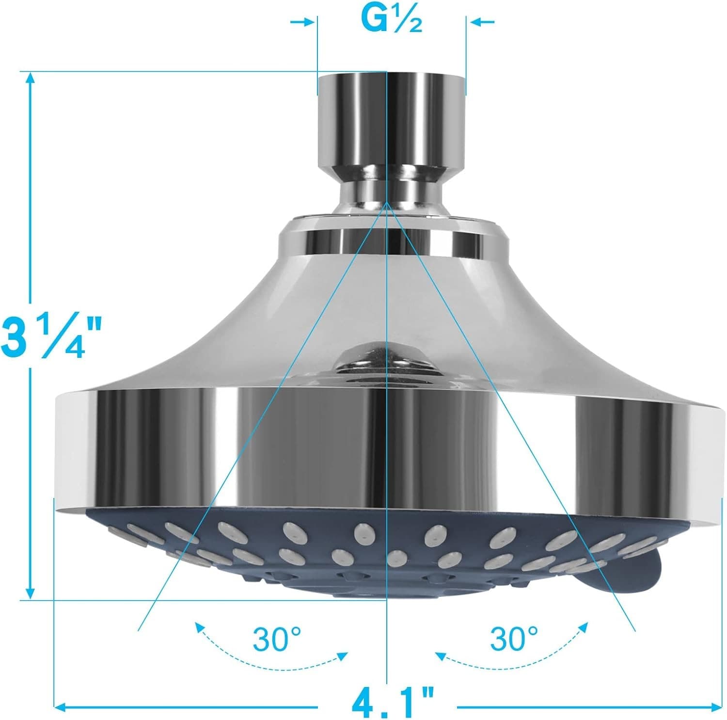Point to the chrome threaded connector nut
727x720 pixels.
391,121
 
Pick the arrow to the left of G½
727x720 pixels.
303,22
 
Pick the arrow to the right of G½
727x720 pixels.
480,22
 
